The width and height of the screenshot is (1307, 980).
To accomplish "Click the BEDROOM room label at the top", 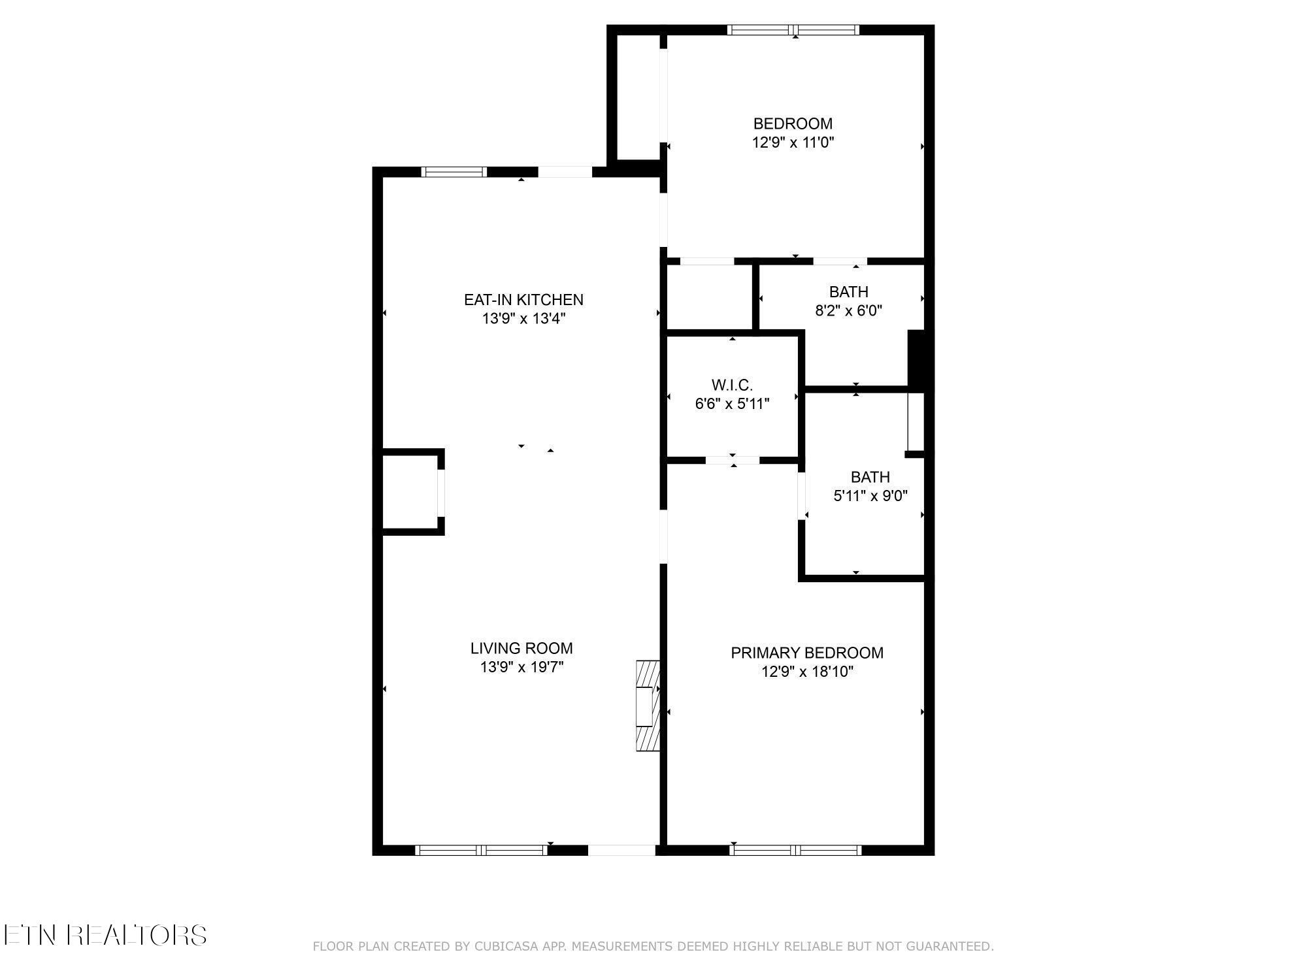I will point(793,123).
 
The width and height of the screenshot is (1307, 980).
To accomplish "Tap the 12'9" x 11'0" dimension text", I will point(793,142).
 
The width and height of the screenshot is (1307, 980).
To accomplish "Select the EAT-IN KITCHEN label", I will point(523,300).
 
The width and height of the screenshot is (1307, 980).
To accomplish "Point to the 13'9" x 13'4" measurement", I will point(523,319).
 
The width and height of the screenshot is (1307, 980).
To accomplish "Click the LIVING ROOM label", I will point(521,648).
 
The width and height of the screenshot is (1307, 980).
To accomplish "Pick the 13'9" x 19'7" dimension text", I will point(521,667).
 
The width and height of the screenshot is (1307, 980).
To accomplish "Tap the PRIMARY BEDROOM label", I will point(807,653).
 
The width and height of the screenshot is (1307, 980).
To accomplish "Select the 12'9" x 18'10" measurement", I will point(807,672).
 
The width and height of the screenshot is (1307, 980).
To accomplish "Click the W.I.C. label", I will point(732,385).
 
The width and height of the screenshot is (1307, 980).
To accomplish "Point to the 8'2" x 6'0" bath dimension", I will point(848,311).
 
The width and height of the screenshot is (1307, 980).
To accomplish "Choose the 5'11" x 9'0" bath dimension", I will point(870,496).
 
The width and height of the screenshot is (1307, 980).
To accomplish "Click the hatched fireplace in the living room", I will point(648,706).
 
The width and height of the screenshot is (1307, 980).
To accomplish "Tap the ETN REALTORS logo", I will point(105,935).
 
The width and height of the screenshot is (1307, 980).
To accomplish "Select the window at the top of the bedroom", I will point(793,29).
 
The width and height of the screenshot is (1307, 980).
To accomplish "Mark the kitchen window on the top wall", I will point(454,172).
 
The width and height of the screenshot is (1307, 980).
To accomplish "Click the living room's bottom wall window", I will point(482,850).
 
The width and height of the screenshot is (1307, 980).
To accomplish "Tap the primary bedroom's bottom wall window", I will point(795,850).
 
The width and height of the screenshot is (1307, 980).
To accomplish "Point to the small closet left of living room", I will point(410,491).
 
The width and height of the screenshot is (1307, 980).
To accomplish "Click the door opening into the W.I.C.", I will point(733,460).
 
